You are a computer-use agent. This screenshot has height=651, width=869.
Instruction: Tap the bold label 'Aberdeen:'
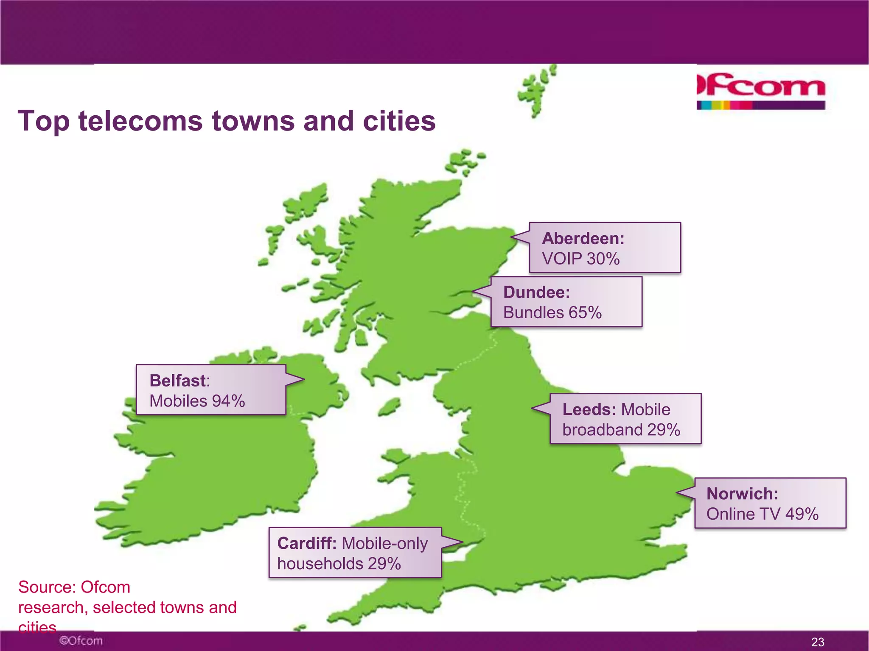(x=583, y=239)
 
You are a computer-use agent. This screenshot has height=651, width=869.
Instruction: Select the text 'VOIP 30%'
(x=580, y=259)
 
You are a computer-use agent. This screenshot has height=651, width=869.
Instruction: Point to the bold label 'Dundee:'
(x=536, y=292)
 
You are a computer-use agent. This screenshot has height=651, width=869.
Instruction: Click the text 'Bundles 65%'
(x=552, y=313)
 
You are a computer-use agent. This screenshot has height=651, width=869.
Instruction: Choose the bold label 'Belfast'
(x=178, y=381)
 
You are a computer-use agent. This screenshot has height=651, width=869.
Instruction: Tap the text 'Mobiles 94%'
(x=197, y=401)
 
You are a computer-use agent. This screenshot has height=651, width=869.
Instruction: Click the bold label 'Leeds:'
(x=589, y=409)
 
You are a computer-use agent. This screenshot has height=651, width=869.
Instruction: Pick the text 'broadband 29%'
(x=621, y=430)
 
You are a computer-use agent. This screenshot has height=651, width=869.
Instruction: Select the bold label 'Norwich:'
(x=742, y=494)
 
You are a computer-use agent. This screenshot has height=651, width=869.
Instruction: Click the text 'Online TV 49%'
(x=762, y=514)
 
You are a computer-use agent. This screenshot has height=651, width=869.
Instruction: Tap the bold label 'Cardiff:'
(x=307, y=543)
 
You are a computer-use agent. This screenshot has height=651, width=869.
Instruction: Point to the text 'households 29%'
(x=339, y=564)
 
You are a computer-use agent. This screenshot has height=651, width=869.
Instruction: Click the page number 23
(x=818, y=642)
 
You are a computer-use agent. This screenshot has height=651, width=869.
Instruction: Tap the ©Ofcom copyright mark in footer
(x=81, y=640)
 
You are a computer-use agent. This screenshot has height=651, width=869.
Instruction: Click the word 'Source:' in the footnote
(x=47, y=587)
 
